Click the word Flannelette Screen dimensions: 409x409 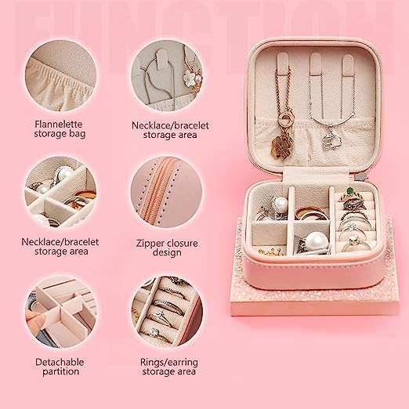(x=59, y=124)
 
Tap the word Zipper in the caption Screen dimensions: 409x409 (x=150, y=244)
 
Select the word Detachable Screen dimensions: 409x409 (x=60, y=362)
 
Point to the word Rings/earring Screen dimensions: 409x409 (x=168, y=363)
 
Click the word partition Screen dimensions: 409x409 (x=60, y=372)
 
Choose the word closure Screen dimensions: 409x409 (x=182, y=243)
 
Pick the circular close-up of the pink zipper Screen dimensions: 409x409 (x=167, y=192)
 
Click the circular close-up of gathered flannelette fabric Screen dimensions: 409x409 (x=60, y=75)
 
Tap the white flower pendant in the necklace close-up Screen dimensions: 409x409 (x=189, y=77)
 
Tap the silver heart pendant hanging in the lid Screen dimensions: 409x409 (x=328, y=142)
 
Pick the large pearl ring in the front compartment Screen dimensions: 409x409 (x=316, y=242)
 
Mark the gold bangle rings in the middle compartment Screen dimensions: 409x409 (x=311, y=213)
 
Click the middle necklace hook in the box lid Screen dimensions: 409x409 (x=316, y=63)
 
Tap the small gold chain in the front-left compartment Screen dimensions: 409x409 (x=270, y=252)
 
